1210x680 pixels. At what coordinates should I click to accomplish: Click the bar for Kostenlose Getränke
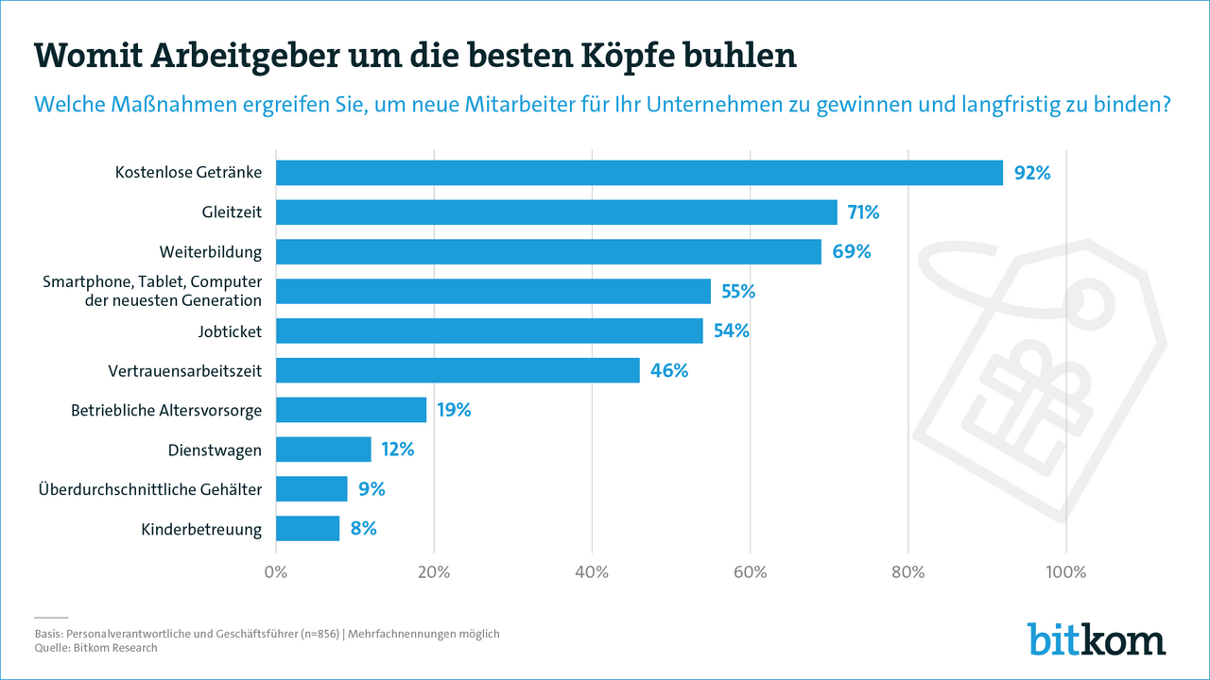pos(639,173)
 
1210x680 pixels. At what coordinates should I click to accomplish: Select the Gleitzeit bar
pos(556,212)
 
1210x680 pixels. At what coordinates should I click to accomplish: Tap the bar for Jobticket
pos(489,331)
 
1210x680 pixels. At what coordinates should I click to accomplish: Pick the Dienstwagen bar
pos(323,450)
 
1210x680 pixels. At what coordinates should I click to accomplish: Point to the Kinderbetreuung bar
pos(307,529)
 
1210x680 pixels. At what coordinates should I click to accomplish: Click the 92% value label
pos(1032,173)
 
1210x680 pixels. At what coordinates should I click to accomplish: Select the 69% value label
pos(852,252)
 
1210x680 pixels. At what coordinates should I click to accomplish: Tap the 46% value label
pos(669,370)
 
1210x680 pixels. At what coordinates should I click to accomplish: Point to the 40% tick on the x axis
pos(592,571)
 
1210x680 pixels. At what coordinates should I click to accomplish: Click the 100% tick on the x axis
pos(1065,571)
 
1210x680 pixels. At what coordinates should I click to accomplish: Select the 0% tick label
pos(276,571)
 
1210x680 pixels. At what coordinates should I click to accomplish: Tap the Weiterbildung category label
pos(211,252)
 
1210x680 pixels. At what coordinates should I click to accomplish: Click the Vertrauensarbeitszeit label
pos(185,371)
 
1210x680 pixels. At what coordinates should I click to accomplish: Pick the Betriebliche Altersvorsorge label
pos(166,411)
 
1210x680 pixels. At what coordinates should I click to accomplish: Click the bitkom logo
pos(1097,639)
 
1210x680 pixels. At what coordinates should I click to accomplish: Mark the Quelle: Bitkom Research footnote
pos(95,648)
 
